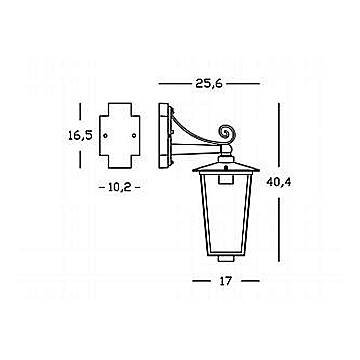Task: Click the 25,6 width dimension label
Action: [x=209, y=84]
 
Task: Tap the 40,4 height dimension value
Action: [x=279, y=182]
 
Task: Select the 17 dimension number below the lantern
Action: [x=226, y=281]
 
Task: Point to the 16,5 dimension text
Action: [x=80, y=136]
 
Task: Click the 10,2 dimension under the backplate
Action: [x=120, y=188]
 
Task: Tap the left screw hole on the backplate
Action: [x=105, y=136]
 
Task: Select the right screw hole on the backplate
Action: [x=134, y=136]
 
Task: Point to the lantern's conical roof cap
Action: [x=226, y=167]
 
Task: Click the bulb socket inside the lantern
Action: [x=226, y=178]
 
